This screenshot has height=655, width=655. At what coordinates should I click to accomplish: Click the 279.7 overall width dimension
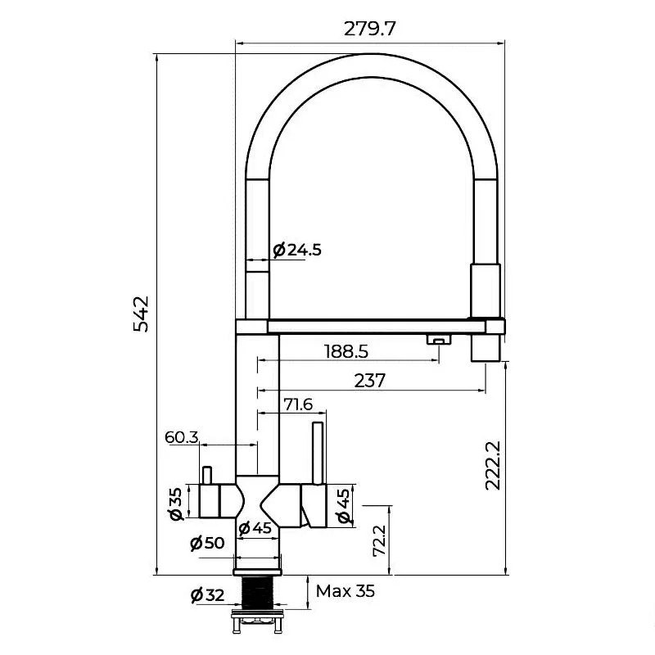point(369,29)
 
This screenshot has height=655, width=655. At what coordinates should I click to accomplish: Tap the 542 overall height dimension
point(141,314)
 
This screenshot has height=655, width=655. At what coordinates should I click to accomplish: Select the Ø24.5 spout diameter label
point(297,250)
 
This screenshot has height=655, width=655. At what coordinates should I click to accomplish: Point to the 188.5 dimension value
point(346,352)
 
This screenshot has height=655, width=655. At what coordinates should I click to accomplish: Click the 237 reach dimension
point(370,381)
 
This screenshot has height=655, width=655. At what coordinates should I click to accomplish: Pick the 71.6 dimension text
point(298,404)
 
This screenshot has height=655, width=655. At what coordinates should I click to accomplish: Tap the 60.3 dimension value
point(182,437)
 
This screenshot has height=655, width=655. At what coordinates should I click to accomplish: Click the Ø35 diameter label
point(176,504)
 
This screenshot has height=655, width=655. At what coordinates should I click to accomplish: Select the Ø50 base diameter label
point(207,543)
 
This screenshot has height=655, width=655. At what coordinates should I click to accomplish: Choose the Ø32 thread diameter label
point(207,594)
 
